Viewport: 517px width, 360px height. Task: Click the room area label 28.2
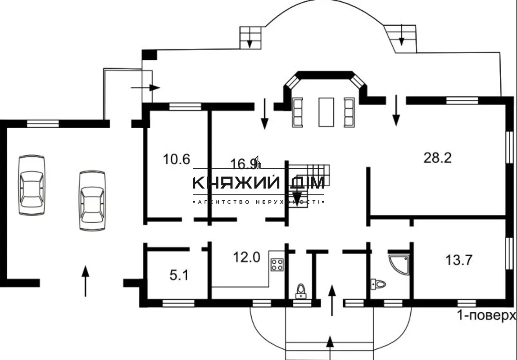pos(437,157)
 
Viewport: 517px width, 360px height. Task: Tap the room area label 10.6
pos(177,159)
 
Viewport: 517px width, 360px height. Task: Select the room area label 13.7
pos(458,260)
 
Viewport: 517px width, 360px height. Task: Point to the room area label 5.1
pos(179,275)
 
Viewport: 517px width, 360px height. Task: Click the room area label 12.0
pos(246,257)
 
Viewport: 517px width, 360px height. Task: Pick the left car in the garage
pos(32,184)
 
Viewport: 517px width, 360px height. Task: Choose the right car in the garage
pos(92,200)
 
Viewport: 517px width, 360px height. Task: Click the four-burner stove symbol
pos(277,264)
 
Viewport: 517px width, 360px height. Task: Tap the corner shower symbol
pos(399,264)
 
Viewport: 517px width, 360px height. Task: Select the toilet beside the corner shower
pos(377,284)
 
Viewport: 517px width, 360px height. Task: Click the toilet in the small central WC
pos(300,291)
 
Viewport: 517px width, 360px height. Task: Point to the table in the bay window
pos(326,112)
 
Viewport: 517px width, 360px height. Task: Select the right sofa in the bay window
pos(349,112)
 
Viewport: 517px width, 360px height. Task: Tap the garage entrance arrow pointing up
pos(85,281)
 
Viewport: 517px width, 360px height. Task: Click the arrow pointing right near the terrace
pos(145,87)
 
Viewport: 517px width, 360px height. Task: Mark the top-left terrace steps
pos(250,36)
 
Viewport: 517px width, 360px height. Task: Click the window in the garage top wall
pos(43,123)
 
